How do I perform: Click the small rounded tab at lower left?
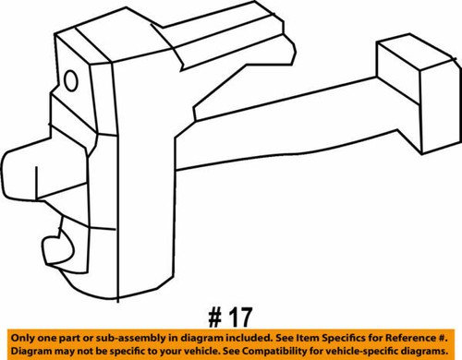click(x=55, y=247)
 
